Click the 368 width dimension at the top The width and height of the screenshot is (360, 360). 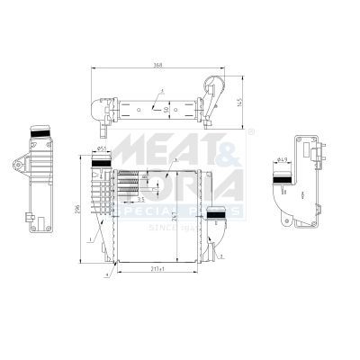point(159,65)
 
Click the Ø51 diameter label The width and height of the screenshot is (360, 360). point(102,148)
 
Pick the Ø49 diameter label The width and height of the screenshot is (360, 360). point(283,160)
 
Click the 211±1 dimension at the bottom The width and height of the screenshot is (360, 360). point(158,267)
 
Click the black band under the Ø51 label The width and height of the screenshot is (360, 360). point(102,160)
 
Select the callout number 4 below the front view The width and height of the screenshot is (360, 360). point(107,273)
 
